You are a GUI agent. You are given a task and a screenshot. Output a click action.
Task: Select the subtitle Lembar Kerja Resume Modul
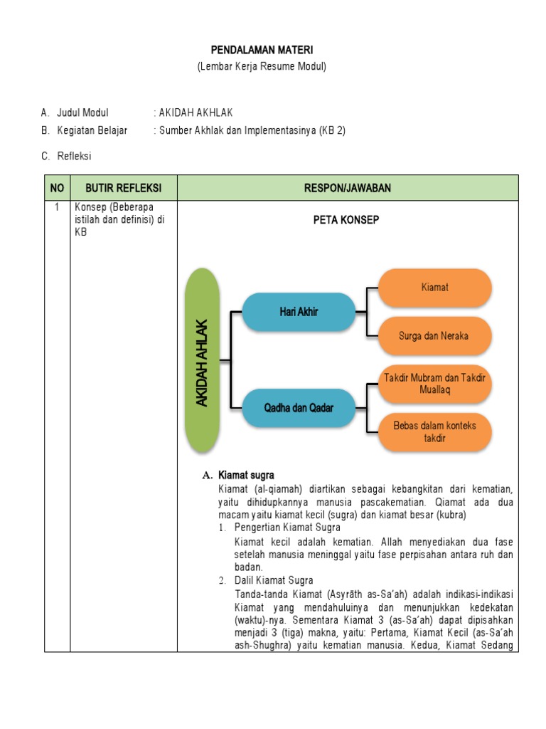point(261,66)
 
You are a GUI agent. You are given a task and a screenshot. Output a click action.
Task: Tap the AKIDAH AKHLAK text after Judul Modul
point(196,112)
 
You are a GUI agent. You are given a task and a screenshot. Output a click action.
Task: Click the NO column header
point(57,187)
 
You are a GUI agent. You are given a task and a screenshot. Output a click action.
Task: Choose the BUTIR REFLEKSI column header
point(123,187)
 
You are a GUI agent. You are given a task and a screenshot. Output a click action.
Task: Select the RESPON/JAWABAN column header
point(348,187)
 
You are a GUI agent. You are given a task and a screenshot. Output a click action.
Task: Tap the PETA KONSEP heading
point(346,220)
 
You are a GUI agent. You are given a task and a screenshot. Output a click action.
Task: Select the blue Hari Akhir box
point(299,312)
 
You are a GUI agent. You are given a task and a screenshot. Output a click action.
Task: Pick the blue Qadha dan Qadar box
point(299,408)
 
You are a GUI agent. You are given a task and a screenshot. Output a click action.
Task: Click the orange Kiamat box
point(435,288)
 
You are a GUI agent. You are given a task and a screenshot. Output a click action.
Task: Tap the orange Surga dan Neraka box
point(435,335)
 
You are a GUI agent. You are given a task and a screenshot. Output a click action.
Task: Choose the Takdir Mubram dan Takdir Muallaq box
point(435,384)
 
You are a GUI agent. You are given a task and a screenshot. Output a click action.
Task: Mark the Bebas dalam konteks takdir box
point(435,431)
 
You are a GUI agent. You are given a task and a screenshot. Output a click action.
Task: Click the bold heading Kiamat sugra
point(246,475)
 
